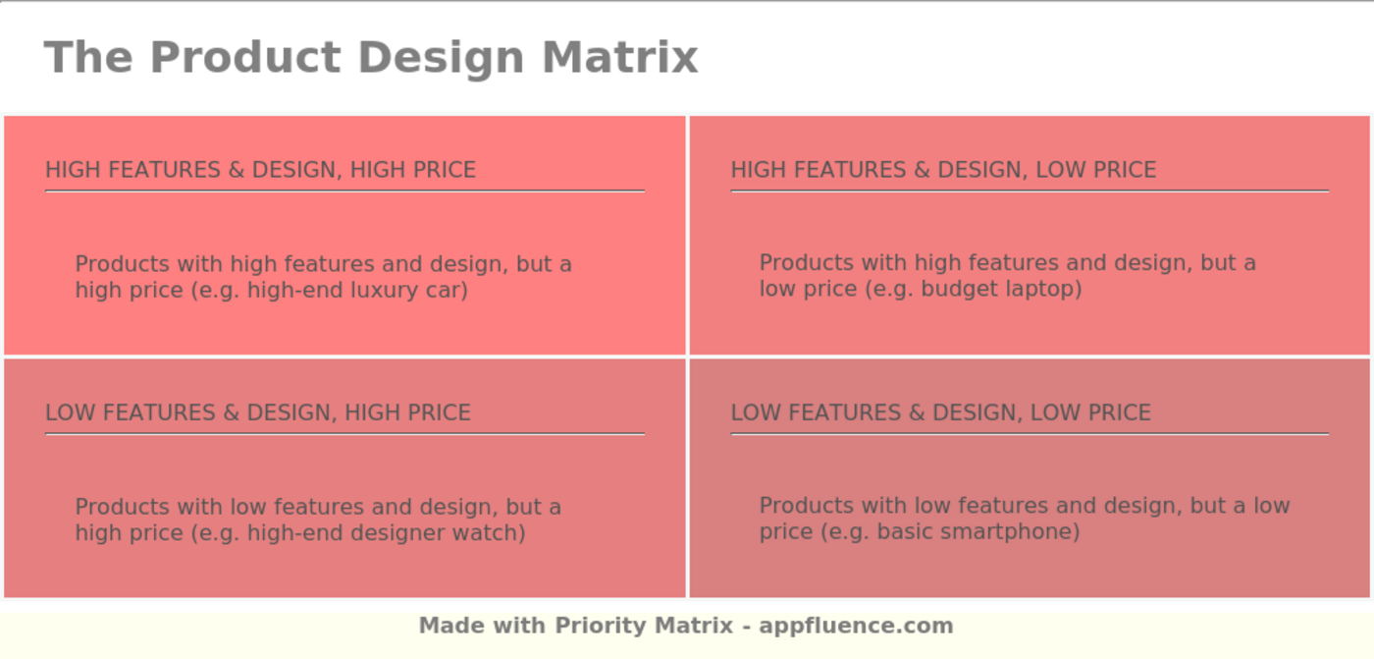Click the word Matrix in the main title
click(x=620, y=57)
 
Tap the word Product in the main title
click(x=245, y=57)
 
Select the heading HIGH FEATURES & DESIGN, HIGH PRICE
click(x=261, y=170)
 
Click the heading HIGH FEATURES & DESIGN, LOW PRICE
click(x=943, y=170)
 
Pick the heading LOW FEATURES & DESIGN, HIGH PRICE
click(x=258, y=412)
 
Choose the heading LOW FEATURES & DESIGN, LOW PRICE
click(x=941, y=412)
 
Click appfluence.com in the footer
click(x=856, y=626)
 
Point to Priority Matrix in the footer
click(x=644, y=626)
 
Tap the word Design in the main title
click(x=442, y=58)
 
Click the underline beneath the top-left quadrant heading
click(x=344, y=192)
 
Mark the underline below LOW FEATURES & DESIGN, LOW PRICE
click(x=1030, y=434)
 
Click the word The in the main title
click(x=88, y=57)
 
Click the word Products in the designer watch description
click(x=122, y=508)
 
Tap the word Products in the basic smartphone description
click(x=807, y=506)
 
